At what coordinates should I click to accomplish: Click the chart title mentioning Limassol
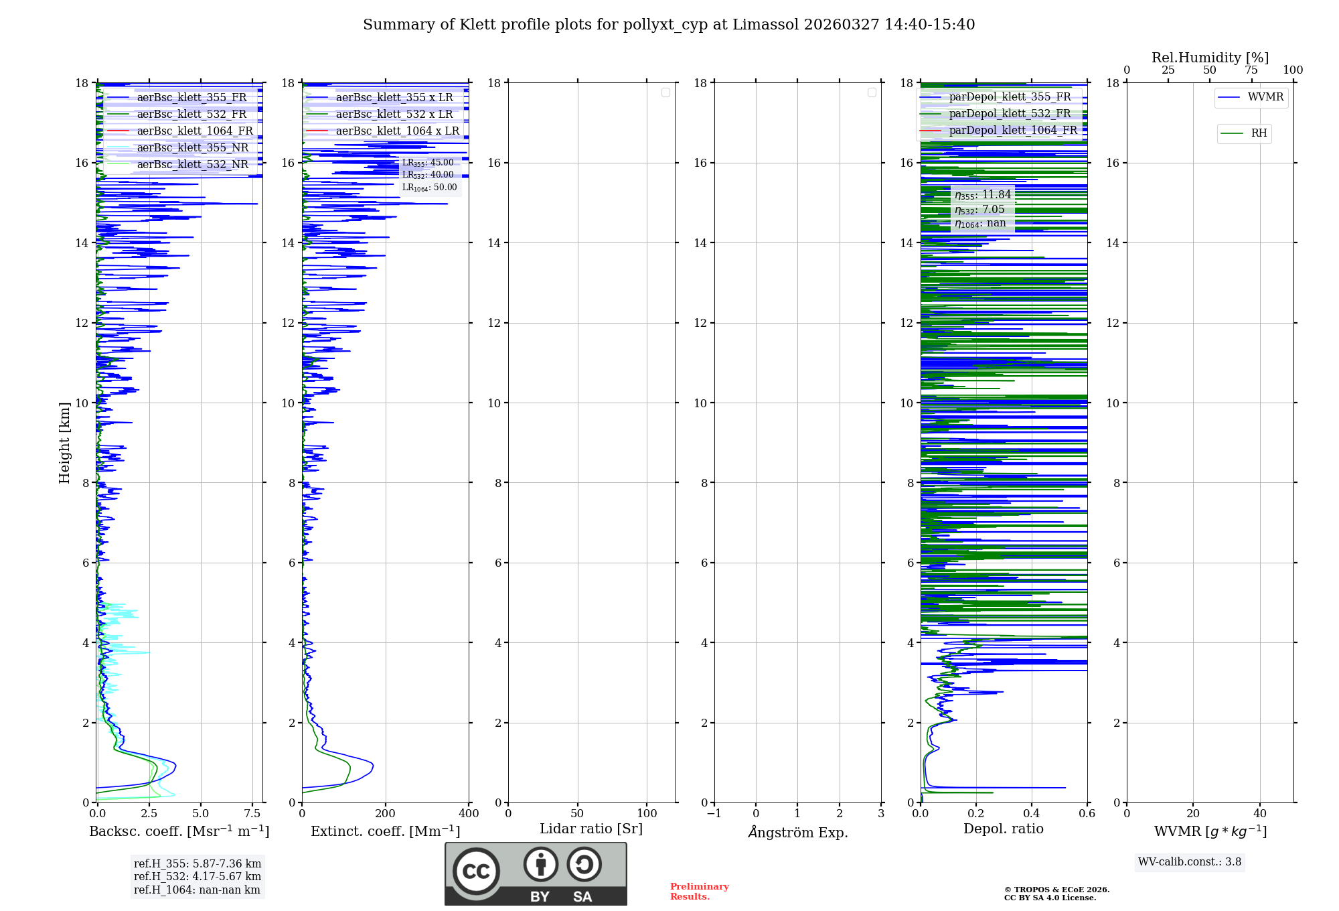[x=669, y=25]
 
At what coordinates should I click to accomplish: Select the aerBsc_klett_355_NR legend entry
[x=192, y=147]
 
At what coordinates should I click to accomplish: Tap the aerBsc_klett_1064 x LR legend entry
[x=397, y=131]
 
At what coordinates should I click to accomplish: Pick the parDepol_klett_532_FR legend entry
[x=1010, y=114]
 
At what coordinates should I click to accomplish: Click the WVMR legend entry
[x=1265, y=97]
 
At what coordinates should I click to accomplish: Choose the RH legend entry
[x=1258, y=133]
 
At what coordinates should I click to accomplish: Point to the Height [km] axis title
[x=64, y=443]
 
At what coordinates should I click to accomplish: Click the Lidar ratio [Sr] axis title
[x=591, y=829]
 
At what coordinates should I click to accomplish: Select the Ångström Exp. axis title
[x=797, y=832]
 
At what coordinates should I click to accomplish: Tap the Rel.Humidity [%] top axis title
[x=1210, y=58]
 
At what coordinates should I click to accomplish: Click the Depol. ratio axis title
[x=1003, y=829]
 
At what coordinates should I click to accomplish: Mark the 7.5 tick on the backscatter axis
[x=252, y=814]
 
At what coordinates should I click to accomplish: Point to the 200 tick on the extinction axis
[x=385, y=814]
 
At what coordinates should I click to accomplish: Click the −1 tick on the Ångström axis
[x=714, y=814]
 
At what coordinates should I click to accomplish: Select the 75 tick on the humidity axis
[x=1251, y=70]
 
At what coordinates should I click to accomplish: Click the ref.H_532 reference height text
[x=198, y=876]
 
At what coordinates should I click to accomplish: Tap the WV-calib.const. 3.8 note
[x=1190, y=862]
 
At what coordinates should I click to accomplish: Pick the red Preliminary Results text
[x=699, y=892]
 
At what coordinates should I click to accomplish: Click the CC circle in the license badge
[x=476, y=871]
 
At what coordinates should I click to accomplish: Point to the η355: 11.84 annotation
[x=983, y=195]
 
